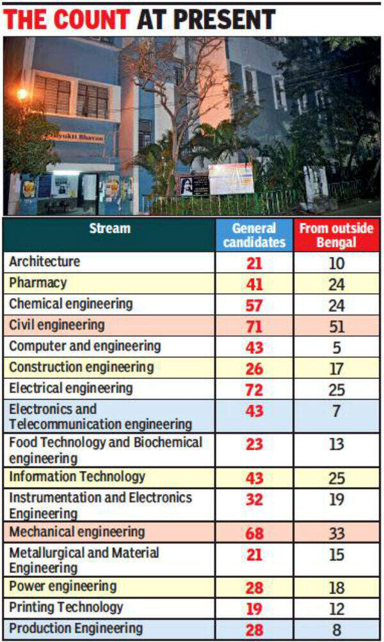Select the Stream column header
tap(109, 229)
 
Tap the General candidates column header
tap(254, 234)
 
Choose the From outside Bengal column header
tap(336, 234)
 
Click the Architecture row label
tap(44, 262)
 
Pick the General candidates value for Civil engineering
tap(254, 326)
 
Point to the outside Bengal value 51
tap(336, 326)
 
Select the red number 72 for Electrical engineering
tap(254, 389)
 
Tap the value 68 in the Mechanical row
tap(254, 533)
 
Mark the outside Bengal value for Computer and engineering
tap(336, 348)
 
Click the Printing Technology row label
tap(66, 607)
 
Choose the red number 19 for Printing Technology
tap(254, 609)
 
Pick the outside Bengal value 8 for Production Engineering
tap(336, 630)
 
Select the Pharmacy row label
tap(38, 282)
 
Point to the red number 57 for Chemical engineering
tap(254, 305)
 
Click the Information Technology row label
tap(77, 477)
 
